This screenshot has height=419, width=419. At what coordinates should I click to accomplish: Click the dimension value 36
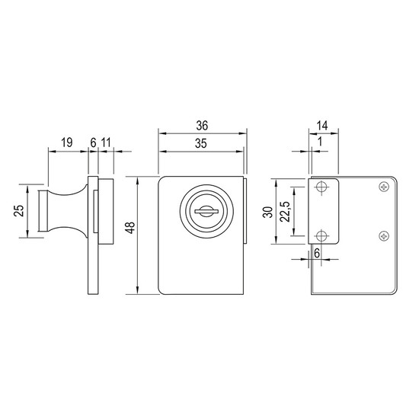click(x=202, y=126)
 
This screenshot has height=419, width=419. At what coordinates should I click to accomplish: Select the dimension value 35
click(x=201, y=143)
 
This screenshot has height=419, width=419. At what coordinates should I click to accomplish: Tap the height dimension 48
click(x=131, y=228)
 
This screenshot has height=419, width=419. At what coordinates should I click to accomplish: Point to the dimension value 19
click(x=66, y=142)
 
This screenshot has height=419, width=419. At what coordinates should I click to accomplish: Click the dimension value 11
click(x=106, y=142)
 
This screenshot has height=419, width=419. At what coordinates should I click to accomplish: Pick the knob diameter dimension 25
click(x=19, y=211)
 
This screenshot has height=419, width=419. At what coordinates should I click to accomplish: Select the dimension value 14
click(x=322, y=126)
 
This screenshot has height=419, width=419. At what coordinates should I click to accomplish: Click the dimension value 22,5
click(x=285, y=212)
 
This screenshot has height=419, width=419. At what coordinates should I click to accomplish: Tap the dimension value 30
click(x=268, y=213)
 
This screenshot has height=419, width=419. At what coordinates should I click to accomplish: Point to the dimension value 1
click(x=320, y=142)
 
